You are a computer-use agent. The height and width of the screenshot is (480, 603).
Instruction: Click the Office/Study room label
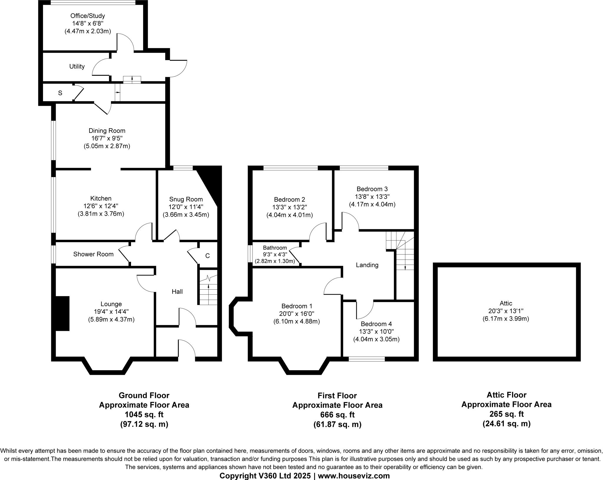(87, 16)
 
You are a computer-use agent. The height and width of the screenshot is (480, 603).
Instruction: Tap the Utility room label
(77, 67)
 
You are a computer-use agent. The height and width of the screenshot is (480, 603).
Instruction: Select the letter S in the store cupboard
(60, 93)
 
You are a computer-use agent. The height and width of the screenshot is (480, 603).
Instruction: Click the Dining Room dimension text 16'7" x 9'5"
(107, 138)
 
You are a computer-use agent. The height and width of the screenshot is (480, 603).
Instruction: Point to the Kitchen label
(101, 199)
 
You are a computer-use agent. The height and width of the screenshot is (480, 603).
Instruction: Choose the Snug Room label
(186, 199)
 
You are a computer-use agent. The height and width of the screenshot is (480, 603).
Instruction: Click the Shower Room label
(93, 254)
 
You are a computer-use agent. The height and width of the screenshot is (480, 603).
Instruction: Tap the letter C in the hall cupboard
(207, 256)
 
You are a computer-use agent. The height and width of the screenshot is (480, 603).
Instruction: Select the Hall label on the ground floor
(177, 292)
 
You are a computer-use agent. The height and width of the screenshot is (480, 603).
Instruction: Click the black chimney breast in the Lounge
(62, 313)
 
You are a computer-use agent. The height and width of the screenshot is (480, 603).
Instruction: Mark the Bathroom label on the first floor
(275, 248)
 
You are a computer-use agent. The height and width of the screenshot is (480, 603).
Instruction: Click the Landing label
(367, 265)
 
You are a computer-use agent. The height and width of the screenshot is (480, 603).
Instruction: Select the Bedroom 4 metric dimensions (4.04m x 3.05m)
(376, 339)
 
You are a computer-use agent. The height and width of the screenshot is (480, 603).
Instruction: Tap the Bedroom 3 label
(372, 189)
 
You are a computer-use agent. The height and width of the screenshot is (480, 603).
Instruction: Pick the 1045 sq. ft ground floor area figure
(144, 415)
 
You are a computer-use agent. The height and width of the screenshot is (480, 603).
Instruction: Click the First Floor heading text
(337, 395)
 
